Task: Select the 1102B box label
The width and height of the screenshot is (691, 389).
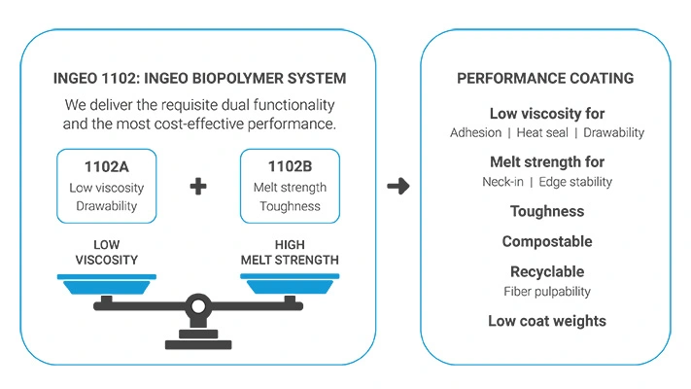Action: tap(290, 166)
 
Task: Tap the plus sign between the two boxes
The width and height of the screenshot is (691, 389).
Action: tap(198, 186)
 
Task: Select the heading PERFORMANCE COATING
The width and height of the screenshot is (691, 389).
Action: tap(547, 78)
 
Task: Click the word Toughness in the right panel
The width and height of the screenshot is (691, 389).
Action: tap(547, 211)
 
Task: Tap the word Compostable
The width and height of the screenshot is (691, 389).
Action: tap(547, 241)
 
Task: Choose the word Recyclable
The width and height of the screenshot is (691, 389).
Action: tap(547, 271)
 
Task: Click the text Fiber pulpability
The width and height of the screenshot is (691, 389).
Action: tap(547, 291)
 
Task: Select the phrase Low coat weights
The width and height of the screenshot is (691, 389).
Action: tap(547, 321)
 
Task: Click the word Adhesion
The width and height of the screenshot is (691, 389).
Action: tap(476, 132)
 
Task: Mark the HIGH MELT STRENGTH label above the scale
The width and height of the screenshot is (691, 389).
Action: tap(290, 253)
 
